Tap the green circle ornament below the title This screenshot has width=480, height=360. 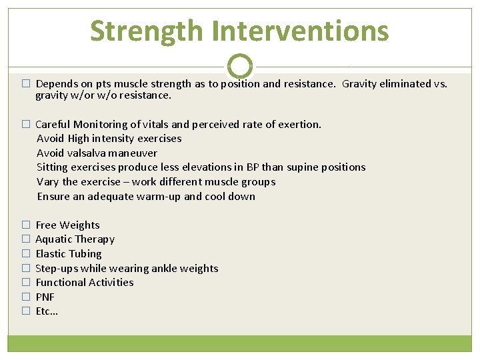coord(240,66)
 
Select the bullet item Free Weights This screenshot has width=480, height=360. coord(67,225)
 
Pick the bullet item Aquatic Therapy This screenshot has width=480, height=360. coord(75,239)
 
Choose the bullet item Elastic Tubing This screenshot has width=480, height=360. coord(69,254)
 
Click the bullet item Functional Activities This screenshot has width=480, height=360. coord(85,283)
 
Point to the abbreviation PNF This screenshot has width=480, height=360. coord(45,297)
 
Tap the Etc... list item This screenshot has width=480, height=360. coord(47,311)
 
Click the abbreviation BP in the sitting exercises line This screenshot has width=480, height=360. coord(251,167)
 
